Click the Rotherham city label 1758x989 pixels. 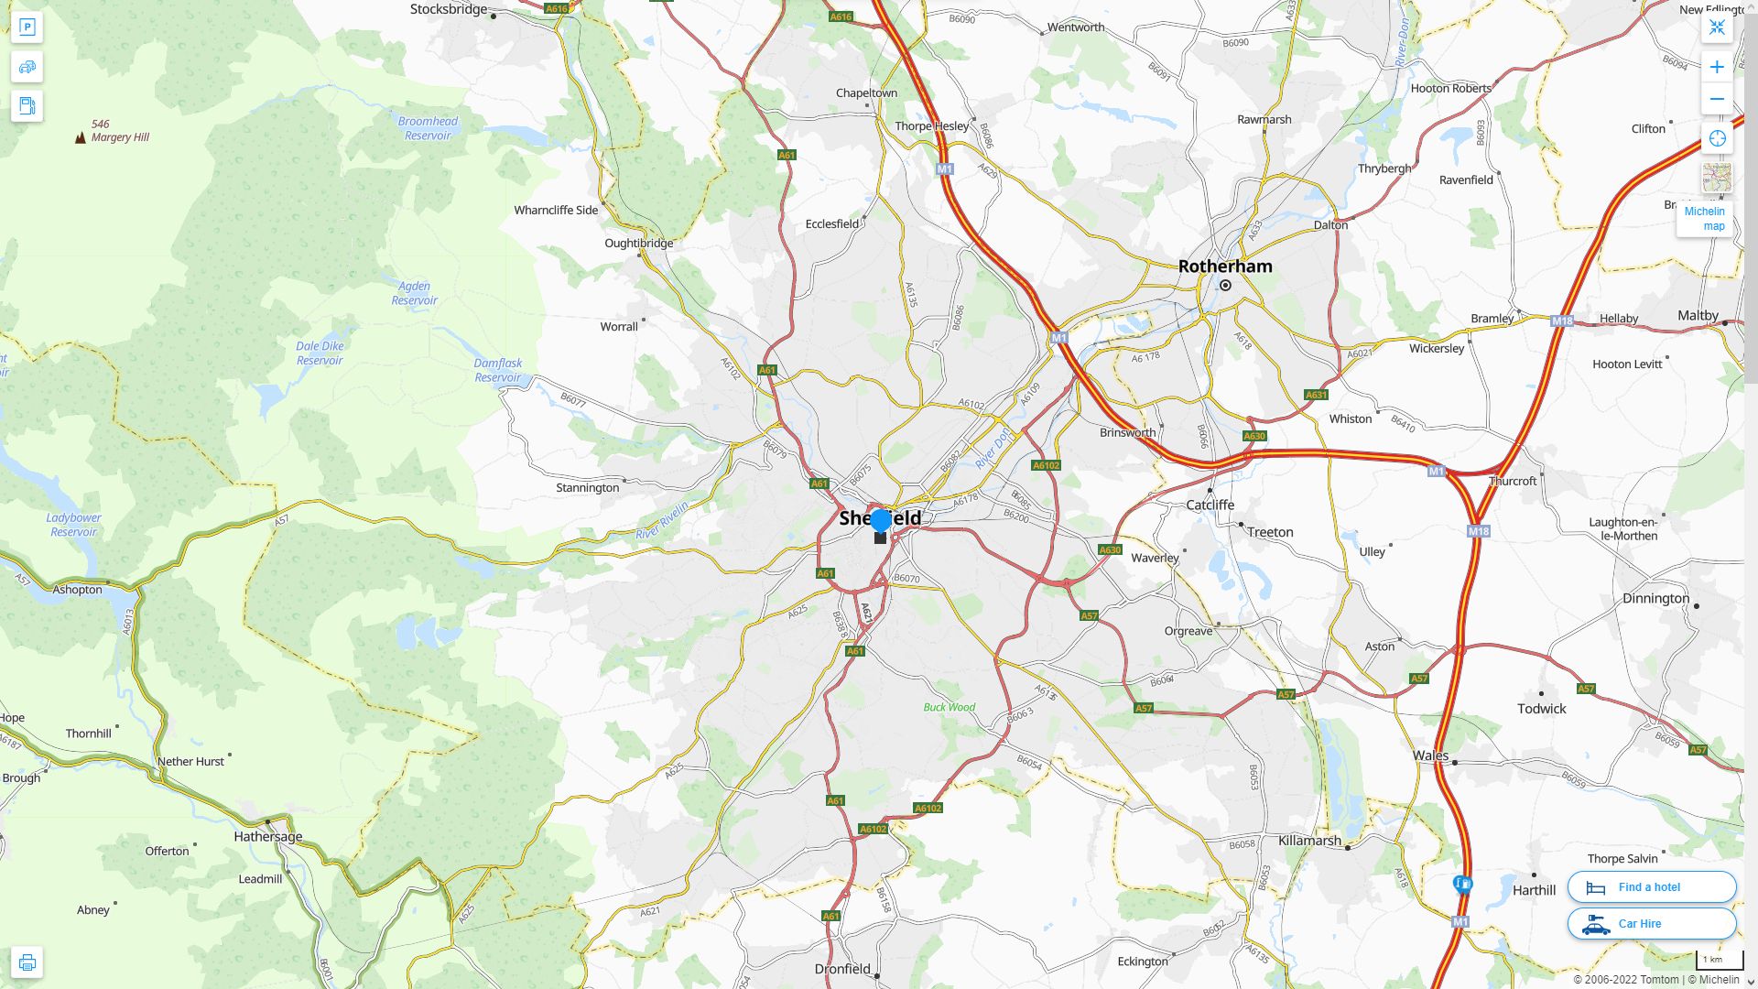click(x=1225, y=266)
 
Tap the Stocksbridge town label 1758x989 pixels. click(x=449, y=10)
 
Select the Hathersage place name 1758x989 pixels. click(x=267, y=836)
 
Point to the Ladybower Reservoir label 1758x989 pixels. click(x=73, y=525)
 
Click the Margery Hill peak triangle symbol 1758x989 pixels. click(x=81, y=138)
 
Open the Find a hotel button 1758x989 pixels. click(x=1652, y=887)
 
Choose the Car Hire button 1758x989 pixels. click(x=1652, y=924)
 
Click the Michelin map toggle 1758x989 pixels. click(x=1705, y=219)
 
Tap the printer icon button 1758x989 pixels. click(x=27, y=962)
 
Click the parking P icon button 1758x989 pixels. click(x=27, y=27)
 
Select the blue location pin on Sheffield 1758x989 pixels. click(x=881, y=521)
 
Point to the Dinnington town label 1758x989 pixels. click(x=1655, y=599)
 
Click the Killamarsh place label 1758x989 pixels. click(x=1309, y=841)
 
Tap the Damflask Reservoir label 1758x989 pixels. click(x=498, y=371)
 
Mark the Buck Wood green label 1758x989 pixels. click(x=949, y=708)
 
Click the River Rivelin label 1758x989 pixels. click(x=662, y=520)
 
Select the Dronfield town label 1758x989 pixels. click(x=842, y=969)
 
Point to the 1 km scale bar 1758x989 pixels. click(x=1719, y=961)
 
